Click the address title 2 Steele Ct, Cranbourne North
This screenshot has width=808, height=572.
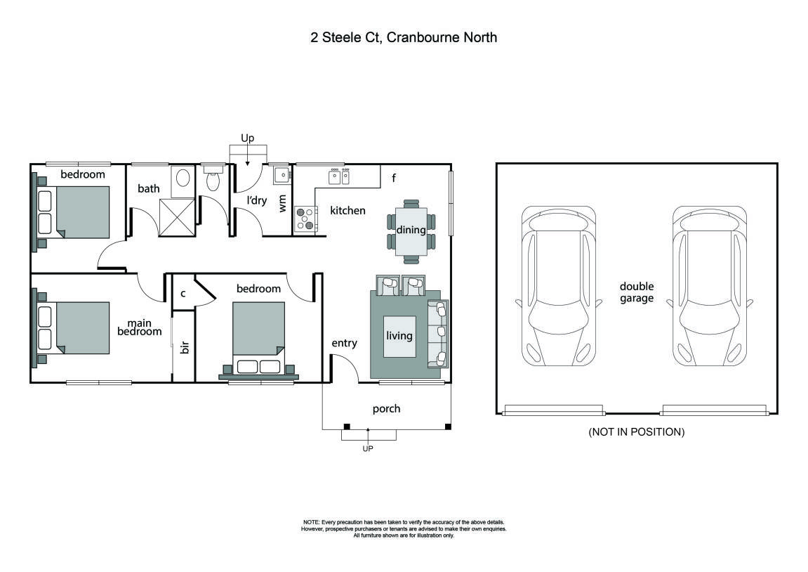tap(404, 37)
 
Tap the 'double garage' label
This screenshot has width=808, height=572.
tap(636, 292)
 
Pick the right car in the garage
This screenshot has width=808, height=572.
tap(709, 287)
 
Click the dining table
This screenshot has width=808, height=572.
tap(411, 230)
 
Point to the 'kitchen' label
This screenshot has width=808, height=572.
tap(347, 210)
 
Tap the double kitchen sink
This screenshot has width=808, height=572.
tap(340, 176)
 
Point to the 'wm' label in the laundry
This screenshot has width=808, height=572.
tap(283, 204)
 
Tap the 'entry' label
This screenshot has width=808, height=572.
tap(344, 343)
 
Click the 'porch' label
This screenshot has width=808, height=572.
tap(386, 408)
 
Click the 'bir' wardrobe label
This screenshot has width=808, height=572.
tap(185, 347)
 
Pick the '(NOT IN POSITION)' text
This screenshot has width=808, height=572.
tap(636, 432)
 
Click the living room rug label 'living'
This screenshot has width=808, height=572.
tap(399, 336)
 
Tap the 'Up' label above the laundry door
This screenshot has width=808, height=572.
tap(247, 138)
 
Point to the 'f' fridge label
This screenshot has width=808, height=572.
tap(394, 177)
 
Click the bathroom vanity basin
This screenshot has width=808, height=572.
tap(181, 177)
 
